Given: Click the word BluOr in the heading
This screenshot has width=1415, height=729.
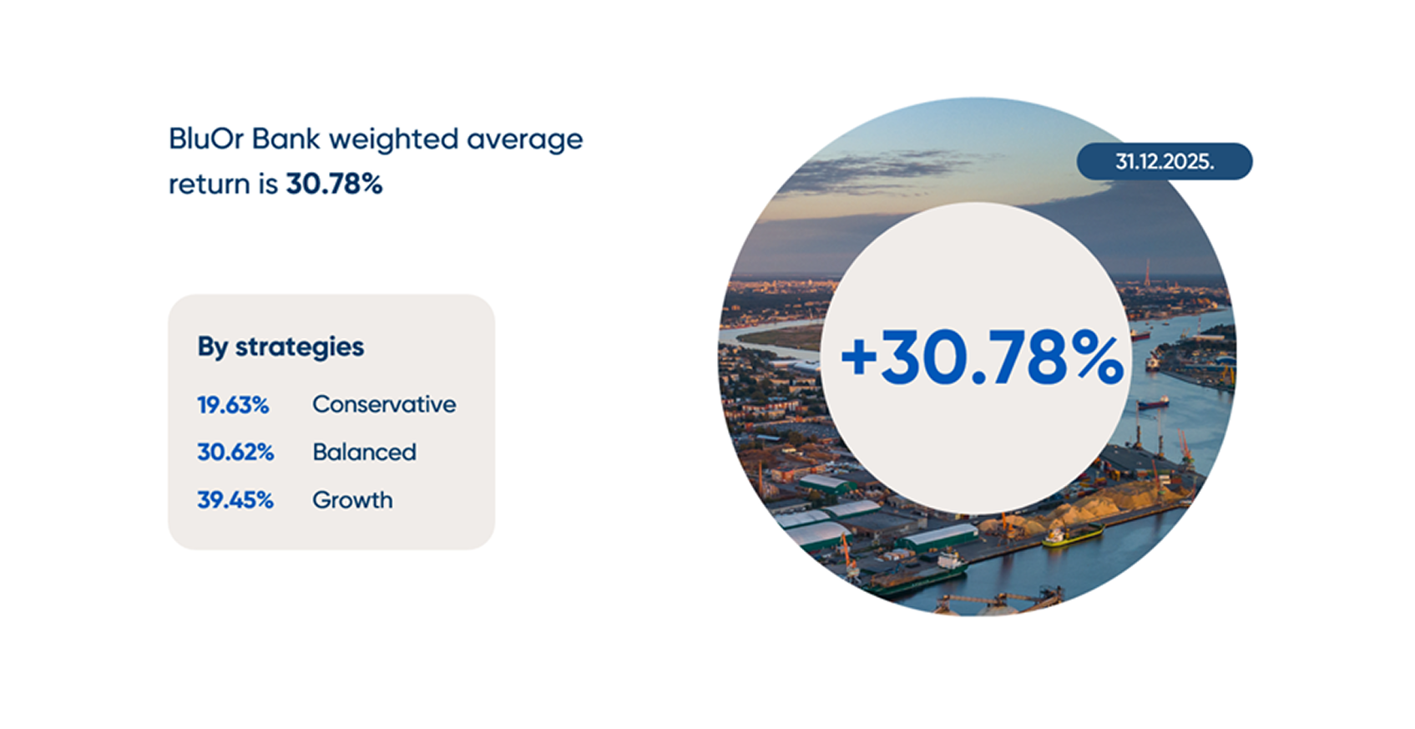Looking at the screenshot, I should click(206, 139).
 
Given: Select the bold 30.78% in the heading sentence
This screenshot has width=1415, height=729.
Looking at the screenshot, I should click(334, 184).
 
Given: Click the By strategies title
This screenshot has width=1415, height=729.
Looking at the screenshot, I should click(280, 347).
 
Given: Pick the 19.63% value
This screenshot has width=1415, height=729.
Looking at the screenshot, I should click(233, 405).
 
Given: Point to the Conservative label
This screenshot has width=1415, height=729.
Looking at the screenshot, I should click(384, 405).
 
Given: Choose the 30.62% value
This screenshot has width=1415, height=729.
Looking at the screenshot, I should click(235, 453).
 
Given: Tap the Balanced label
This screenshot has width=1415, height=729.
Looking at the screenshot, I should click(364, 453).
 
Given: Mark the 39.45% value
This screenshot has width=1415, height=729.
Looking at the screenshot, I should click(235, 500).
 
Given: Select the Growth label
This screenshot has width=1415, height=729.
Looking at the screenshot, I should click(352, 500).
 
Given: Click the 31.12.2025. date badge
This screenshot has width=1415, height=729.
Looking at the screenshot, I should click(1164, 162).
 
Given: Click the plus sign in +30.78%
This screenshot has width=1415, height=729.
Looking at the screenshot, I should click(859, 357).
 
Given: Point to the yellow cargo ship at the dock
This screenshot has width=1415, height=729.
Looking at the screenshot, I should click(1073, 535).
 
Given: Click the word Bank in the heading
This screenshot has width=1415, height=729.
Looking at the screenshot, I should click(286, 139).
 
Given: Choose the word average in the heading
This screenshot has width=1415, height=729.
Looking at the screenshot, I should click(524, 139).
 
